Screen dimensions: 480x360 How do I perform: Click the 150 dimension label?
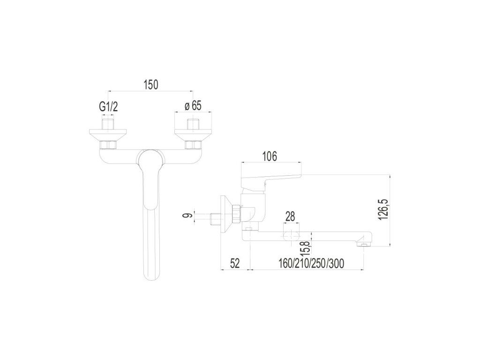[x=151, y=84]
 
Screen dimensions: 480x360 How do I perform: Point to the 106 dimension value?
[x=270, y=156]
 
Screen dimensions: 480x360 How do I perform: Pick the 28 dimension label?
[x=290, y=217]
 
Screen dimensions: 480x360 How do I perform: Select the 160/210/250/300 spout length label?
[x=311, y=263]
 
